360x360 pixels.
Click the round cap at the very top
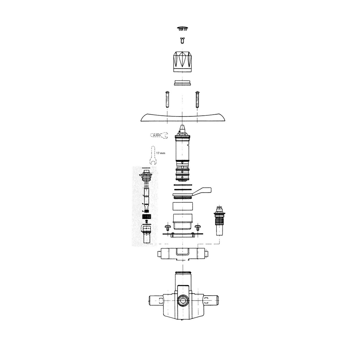(x=182, y=28)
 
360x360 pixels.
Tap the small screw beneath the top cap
(x=182, y=40)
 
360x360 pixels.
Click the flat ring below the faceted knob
(x=182, y=83)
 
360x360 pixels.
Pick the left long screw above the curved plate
(x=167, y=99)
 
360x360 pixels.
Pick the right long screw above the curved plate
(x=197, y=99)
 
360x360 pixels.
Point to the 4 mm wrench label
(x=157, y=135)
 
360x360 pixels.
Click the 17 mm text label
(x=161, y=153)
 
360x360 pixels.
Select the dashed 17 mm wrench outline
(x=153, y=155)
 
